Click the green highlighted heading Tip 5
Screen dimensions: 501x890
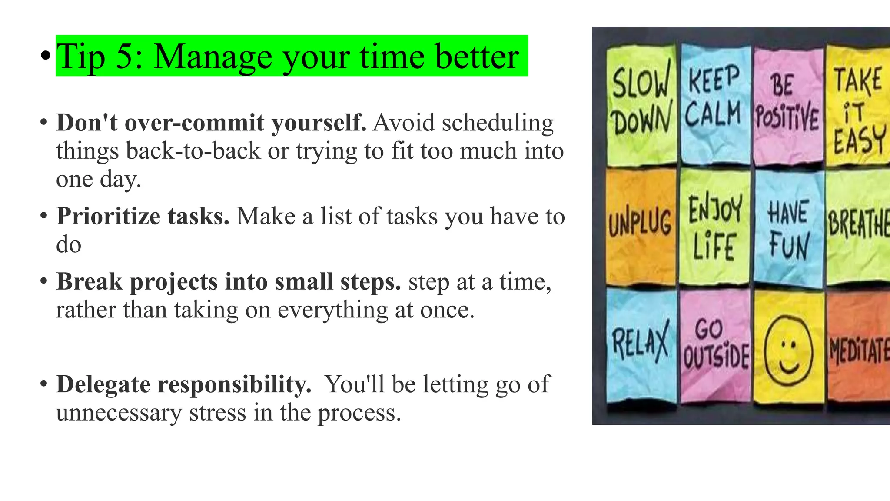point(291,56)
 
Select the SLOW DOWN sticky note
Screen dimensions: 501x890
point(641,104)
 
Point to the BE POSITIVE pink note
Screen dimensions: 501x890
point(787,107)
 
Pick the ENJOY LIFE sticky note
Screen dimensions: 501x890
point(714,227)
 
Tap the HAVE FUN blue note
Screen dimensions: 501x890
point(788,228)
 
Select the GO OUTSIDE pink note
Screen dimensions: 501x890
point(715,346)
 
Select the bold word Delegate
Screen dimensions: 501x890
point(103,384)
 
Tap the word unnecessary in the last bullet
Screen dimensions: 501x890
point(119,413)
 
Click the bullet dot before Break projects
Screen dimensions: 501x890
point(43,281)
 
